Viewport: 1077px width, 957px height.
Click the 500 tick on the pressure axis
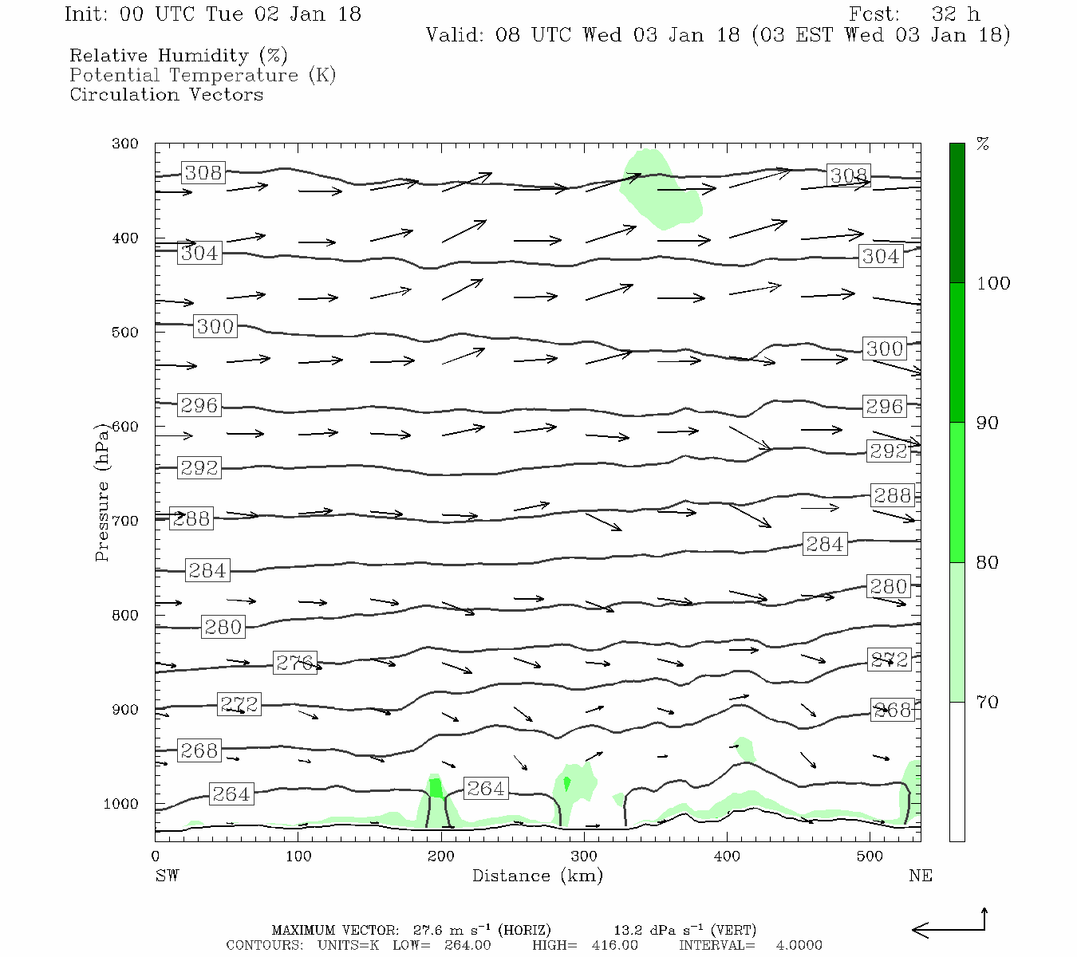[125, 333]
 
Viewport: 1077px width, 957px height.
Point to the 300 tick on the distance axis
[583, 857]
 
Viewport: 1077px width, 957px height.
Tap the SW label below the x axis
[167, 876]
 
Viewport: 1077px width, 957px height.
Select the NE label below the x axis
[920, 876]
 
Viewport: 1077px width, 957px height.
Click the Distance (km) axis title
[537, 876]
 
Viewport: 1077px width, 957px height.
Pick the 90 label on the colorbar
[987, 423]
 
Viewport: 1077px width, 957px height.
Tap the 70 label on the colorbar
[987, 702]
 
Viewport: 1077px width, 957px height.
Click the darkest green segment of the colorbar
[957, 213]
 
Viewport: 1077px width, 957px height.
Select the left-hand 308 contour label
[203, 172]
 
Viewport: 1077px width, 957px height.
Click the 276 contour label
[294, 662]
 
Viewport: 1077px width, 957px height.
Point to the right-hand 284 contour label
[824, 544]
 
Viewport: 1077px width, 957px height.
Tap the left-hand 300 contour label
[215, 326]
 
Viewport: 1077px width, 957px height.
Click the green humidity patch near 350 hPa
[664, 191]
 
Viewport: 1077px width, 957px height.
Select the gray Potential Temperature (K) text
[203, 75]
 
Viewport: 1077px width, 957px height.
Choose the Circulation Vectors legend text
[166, 94]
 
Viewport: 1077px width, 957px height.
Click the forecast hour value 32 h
[956, 14]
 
